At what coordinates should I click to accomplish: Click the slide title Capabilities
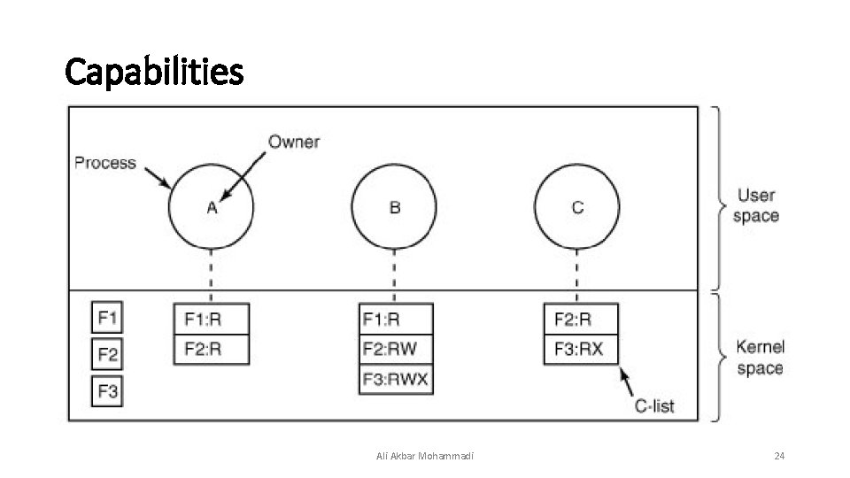[154, 72]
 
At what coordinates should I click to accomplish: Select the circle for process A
[211, 208]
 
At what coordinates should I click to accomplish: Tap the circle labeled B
[394, 208]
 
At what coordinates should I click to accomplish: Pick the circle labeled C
[577, 208]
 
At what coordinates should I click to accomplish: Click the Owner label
[294, 142]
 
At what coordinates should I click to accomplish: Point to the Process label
[105, 163]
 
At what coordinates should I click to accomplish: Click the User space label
[756, 206]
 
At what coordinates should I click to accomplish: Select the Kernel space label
[760, 358]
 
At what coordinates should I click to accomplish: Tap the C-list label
[654, 406]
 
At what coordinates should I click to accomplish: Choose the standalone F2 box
[107, 355]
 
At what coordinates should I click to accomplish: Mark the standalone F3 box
[107, 391]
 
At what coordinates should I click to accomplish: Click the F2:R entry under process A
[212, 350]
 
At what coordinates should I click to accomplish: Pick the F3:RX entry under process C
[580, 350]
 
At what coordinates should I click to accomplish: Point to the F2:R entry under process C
[580, 320]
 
